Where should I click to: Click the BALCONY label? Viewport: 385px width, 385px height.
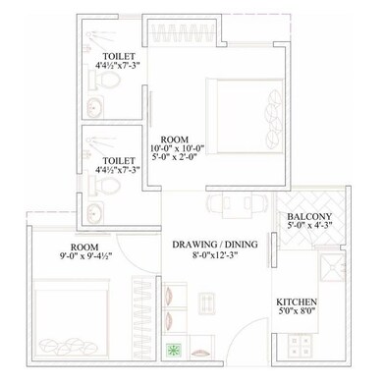(x=309, y=217)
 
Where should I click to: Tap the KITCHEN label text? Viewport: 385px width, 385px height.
(x=295, y=302)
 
